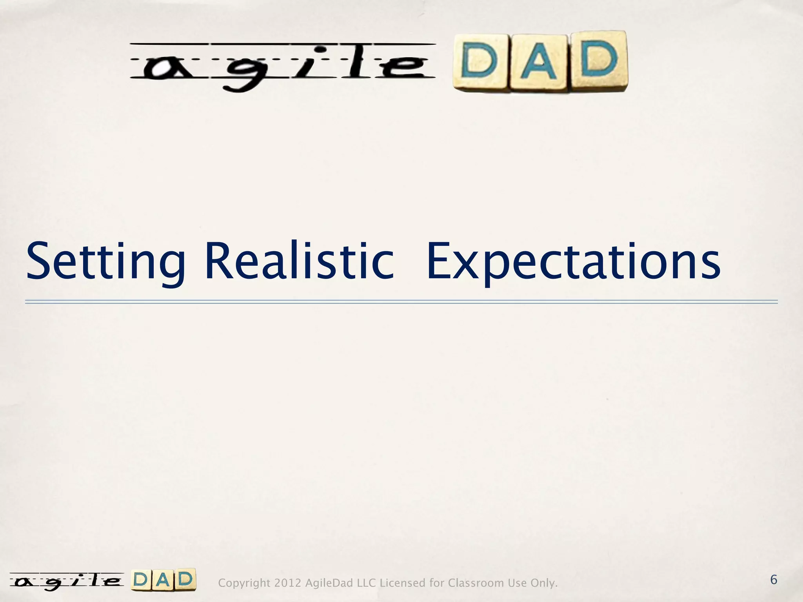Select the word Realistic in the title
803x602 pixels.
(299, 261)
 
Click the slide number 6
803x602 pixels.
(773, 580)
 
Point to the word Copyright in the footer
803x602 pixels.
(244, 583)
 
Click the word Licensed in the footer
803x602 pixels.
(403, 583)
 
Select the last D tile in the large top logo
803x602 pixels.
(599, 60)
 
